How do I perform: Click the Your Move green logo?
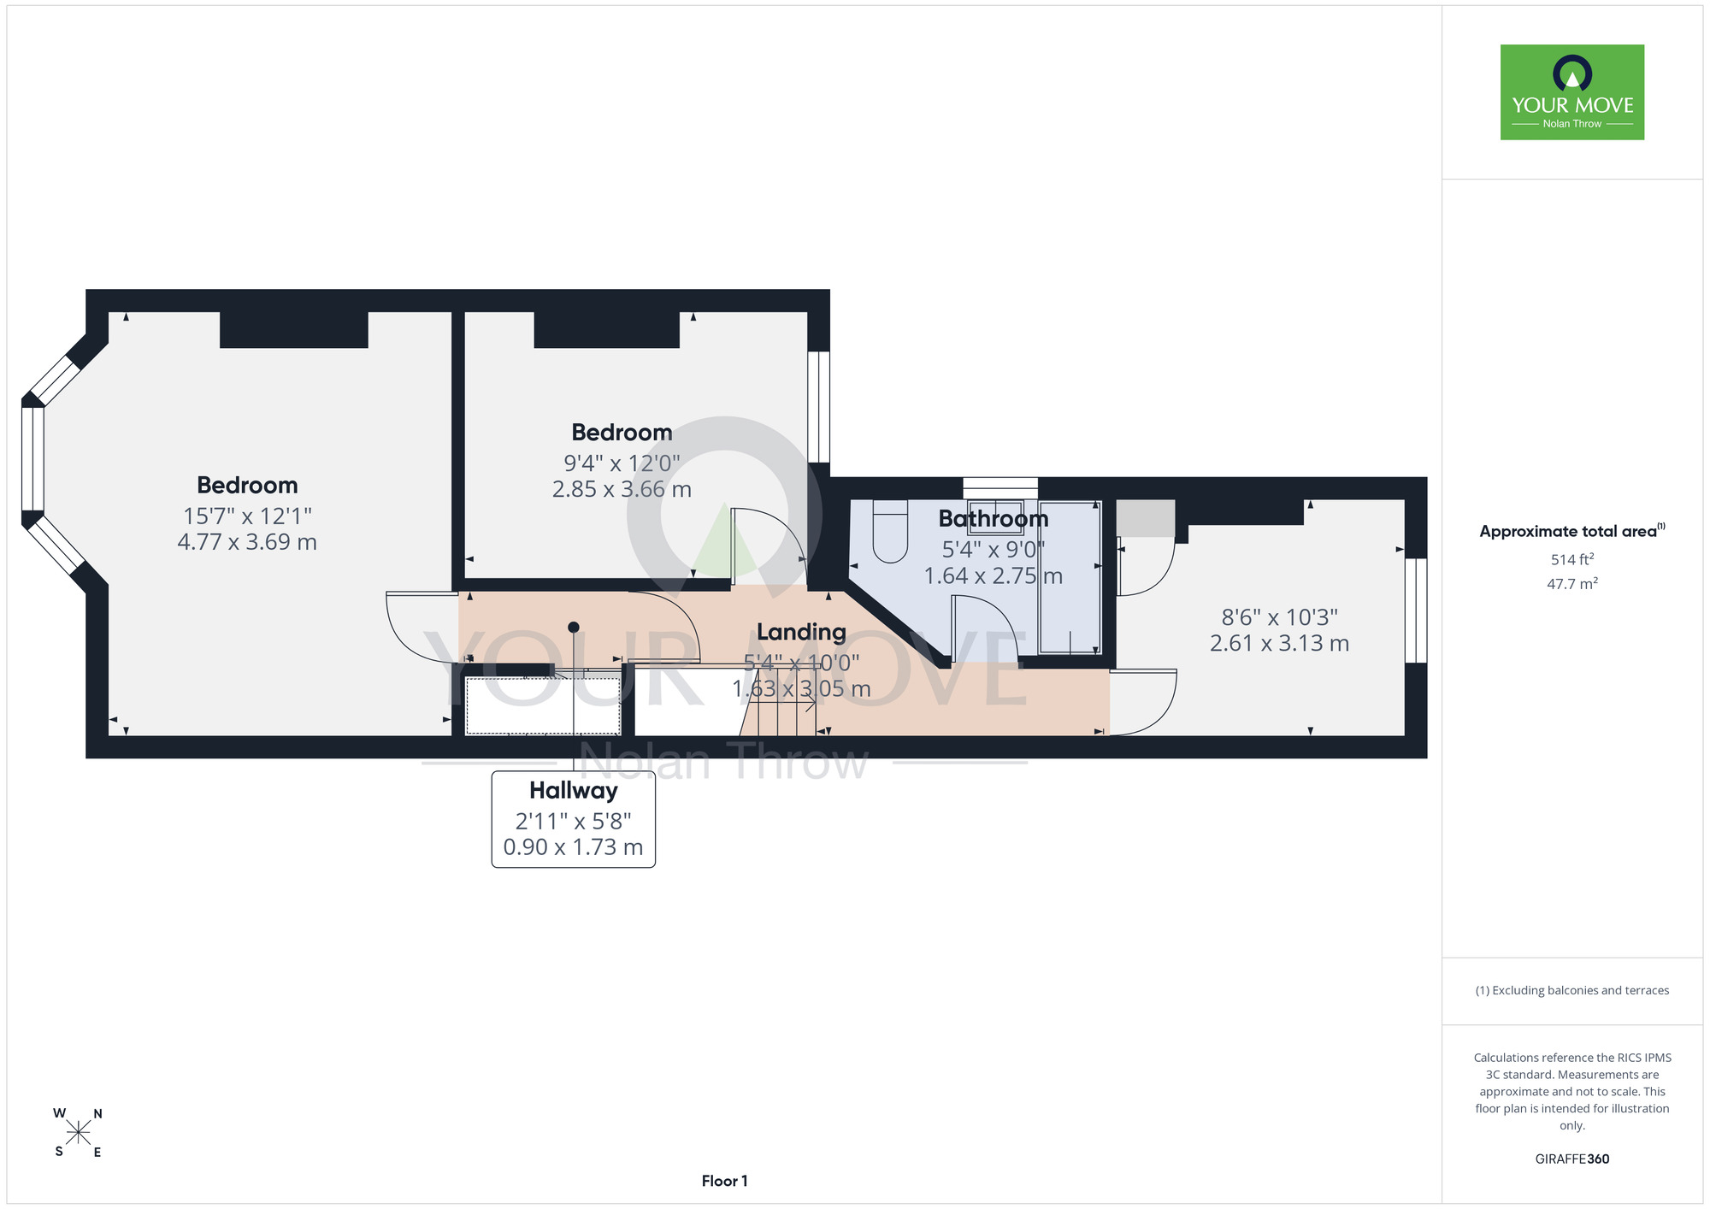[x=1571, y=92]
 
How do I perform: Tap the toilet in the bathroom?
[x=889, y=531]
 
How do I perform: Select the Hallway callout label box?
[x=573, y=819]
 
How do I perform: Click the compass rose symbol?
[x=79, y=1133]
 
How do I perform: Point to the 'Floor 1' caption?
[x=724, y=1181]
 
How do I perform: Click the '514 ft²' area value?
[x=1572, y=559]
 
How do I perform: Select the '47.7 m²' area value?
[x=1572, y=584]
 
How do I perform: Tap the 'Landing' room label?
[x=801, y=632]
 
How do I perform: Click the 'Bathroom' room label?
[x=994, y=518]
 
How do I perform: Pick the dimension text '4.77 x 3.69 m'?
[x=247, y=542]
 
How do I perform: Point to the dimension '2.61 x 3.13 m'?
[x=1279, y=643]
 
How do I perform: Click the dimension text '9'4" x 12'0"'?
[x=622, y=463]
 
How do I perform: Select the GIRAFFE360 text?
[x=1572, y=1159]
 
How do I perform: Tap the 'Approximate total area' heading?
[x=1572, y=531]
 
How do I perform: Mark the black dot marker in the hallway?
[x=574, y=627]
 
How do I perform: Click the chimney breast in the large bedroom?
[x=294, y=329]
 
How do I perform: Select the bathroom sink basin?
[x=995, y=516]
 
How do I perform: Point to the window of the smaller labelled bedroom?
[x=819, y=407]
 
